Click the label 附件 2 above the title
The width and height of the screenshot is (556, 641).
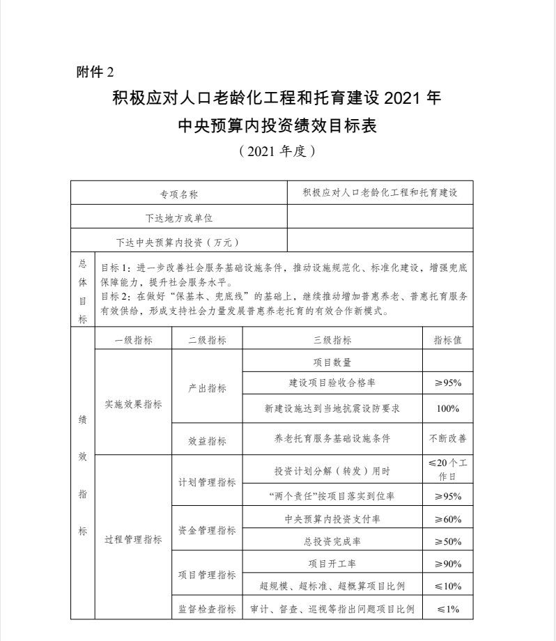point(93,72)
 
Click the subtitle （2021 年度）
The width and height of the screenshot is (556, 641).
point(277,151)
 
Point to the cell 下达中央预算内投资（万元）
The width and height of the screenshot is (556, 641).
point(179,242)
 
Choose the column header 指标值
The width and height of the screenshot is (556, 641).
point(447,340)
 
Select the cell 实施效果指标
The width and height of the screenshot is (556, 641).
point(133,403)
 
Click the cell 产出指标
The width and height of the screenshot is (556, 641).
point(207,387)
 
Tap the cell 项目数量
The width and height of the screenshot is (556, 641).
point(332,362)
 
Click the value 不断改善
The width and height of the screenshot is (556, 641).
point(447,439)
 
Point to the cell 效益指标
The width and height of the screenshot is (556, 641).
point(207,440)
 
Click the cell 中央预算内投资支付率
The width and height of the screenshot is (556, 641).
point(332,519)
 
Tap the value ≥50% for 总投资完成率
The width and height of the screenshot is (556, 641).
point(447,541)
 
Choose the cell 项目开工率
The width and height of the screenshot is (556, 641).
point(332,563)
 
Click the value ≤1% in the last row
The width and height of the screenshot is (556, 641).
point(447,608)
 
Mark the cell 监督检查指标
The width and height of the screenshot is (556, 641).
point(207,608)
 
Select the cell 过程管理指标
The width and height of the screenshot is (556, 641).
point(133,539)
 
